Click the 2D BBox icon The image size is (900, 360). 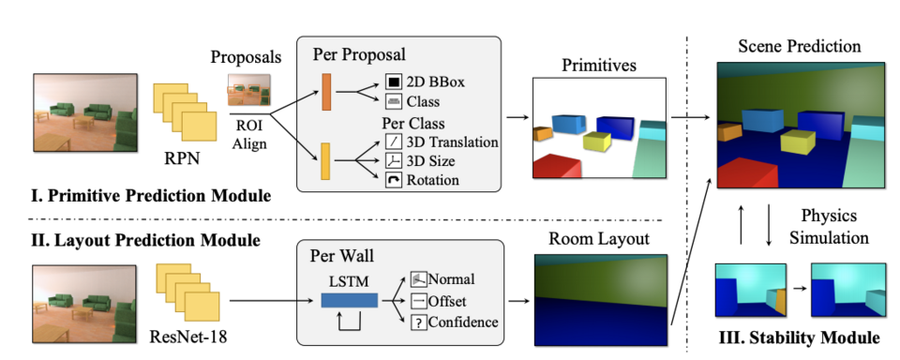[x=393, y=82]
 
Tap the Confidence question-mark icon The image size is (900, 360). [x=418, y=322]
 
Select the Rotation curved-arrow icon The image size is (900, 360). [x=393, y=180]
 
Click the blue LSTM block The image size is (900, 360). [x=350, y=300]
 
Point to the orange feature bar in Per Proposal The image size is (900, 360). [x=326, y=92]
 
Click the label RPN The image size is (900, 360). [x=182, y=157]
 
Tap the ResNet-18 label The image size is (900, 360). [x=188, y=336]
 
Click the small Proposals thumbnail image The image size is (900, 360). [x=248, y=90]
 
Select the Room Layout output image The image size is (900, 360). [x=601, y=300]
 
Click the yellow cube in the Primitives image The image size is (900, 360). [x=597, y=141]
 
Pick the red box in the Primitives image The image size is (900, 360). [x=556, y=166]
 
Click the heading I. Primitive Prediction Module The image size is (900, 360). [x=151, y=196]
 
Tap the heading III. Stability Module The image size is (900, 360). [x=799, y=337]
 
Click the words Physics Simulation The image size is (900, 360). [x=829, y=226]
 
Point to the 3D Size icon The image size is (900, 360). [x=393, y=160]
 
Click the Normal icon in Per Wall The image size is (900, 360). [x=418, y=279]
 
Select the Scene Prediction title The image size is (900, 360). [x=800, y=46]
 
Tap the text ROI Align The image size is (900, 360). [x=249, y=133]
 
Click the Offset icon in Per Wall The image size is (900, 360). [x=418, y=301]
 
